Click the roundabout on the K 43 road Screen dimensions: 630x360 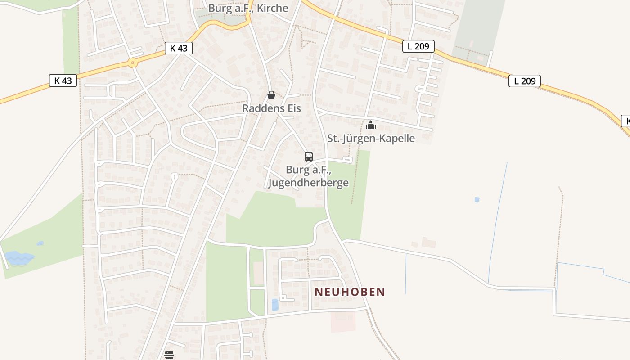coord(132,63)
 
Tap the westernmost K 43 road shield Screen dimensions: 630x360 coord(63,81)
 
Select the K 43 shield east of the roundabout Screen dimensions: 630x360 coord(179,48)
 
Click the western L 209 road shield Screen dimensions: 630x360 coord(418,46)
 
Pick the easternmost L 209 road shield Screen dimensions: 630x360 coord(524,81)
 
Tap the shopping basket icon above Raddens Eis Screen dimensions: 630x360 coord(271,95)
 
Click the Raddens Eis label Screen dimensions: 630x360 coord(271,108)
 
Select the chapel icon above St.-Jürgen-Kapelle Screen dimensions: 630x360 coord(370,125)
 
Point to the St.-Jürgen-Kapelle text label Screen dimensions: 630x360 coord(371,138)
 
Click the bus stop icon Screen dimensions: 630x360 coord(309,157)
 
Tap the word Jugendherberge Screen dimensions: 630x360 coord(308,183)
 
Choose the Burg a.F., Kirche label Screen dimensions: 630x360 coord(248,8)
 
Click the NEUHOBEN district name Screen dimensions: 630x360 coord(350,292)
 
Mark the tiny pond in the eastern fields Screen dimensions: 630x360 coord(477,199)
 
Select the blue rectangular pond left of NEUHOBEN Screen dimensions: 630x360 coord(275,305)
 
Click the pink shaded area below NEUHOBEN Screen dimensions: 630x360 coord(343,321)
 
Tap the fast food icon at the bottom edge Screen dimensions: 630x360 coord(169,355)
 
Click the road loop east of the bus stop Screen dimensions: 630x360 coord(347,159)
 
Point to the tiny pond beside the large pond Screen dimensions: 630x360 coord(40,243)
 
